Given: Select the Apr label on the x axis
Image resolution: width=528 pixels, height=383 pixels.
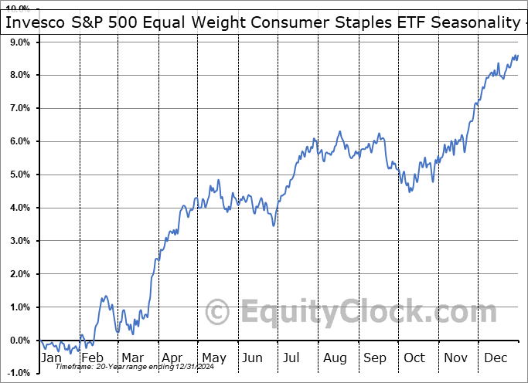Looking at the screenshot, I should pyautogui.click(x=172, y=358).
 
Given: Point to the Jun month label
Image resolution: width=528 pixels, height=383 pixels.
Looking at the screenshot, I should pyautogui.click(x=253, y=358).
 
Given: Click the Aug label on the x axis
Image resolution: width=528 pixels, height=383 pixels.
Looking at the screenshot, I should pyautogui.click(x=336, y=358).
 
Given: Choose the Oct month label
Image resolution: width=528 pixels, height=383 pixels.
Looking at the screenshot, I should pyautogui.click(x=415, y=358).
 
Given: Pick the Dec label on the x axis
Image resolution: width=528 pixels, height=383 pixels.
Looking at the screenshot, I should pyautogui.click(x=496, y=358).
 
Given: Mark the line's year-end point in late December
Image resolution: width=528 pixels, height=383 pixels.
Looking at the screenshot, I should pyautogui.click(x=517, y=56).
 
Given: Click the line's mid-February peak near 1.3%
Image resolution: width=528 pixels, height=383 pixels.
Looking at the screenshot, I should pyautogui.click(x=104, y=297).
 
